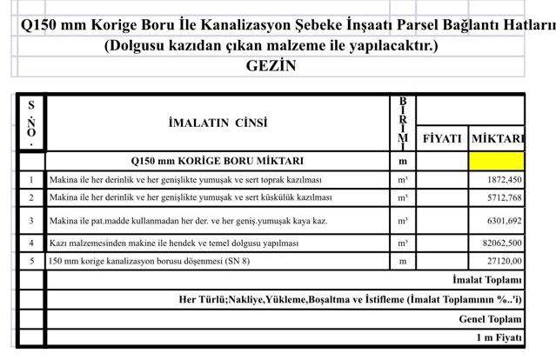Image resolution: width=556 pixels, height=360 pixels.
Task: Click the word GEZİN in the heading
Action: tap(271, 65)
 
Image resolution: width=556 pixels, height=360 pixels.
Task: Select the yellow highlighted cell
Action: tap(496, 160)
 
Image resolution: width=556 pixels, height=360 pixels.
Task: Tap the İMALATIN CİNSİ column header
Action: tap(218, 123)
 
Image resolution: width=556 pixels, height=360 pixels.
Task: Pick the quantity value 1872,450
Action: tap(501, 179)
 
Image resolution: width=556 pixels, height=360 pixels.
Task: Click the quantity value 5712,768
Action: tap(501, 197)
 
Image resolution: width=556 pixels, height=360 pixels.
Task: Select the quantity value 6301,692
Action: tap(501, 221)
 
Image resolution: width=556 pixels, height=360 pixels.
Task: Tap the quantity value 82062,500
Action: tap(498, 243)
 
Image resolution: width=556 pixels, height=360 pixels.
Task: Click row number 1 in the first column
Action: tap(31, 180)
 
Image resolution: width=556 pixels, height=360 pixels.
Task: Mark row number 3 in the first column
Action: tap(31, 221)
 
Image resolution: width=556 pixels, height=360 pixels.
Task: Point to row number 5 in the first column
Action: tap(31, 260)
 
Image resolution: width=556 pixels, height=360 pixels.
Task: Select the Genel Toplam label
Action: tap(491, 318)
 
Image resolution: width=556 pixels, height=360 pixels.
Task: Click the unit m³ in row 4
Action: tap(403, 243)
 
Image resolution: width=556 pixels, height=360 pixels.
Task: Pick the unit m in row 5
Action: tap(403, 260)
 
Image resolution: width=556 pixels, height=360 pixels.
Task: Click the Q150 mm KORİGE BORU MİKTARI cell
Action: tap(218, 161)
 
